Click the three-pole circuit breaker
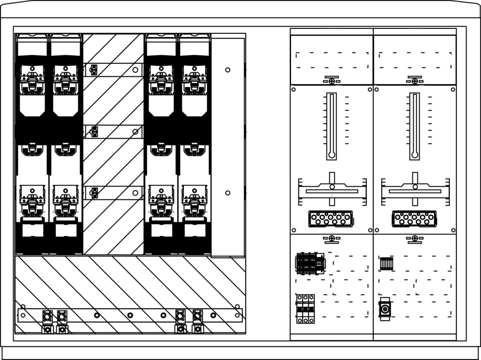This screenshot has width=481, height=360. click(305, 309)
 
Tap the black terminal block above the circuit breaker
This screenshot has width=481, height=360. click(310, 263)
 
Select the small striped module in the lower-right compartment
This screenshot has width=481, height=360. click(386, 263)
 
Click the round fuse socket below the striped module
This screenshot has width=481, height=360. click(385, 309)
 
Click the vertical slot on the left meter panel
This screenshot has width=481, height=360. click(331, 126)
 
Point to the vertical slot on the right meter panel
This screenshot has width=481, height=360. click(414, 126)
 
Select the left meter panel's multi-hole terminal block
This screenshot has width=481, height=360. click(331, 219)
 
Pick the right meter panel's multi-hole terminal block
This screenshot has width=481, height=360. click(414, 219)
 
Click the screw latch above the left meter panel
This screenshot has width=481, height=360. click(331, 81)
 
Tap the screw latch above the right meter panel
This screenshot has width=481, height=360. click(414, 81)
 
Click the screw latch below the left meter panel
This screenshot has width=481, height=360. click(331, 239)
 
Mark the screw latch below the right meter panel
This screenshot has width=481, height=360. click(414, 239)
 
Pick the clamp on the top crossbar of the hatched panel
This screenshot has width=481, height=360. click(93, 70)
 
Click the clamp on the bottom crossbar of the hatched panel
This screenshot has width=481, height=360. click(95, 193)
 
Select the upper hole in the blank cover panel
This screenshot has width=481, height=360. click(228, 70)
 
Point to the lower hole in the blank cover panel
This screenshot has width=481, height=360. click(228, 193)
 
